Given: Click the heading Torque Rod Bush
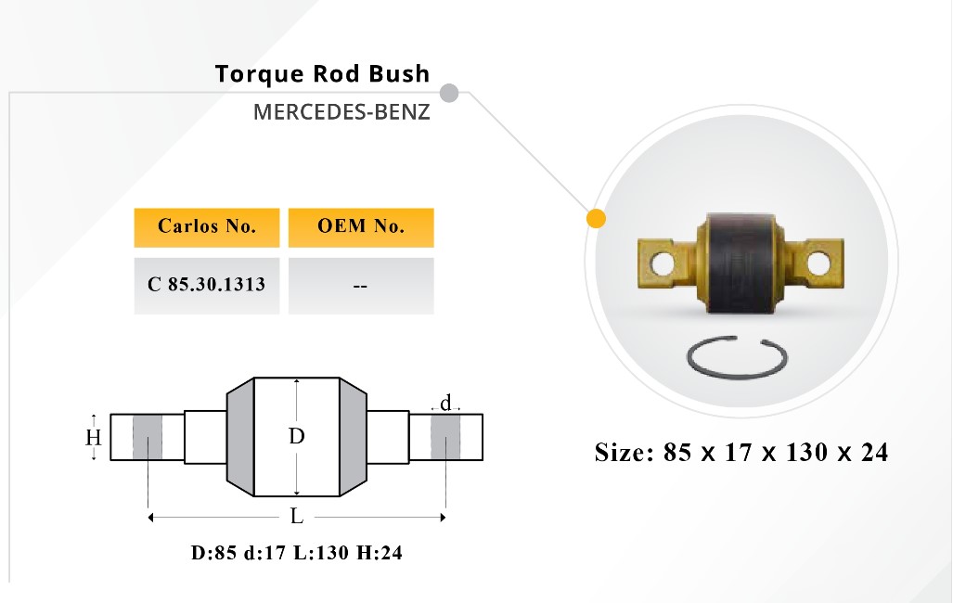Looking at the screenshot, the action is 322,74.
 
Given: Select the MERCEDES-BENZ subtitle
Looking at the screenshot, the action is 341,112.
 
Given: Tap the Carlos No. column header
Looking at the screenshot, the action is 207,227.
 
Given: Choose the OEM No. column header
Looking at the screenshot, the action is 361,227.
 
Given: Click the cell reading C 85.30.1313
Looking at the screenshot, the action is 207,285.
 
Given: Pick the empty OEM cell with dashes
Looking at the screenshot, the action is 361,285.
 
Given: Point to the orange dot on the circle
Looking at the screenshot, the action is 597,219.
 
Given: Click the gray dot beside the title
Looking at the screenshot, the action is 448,93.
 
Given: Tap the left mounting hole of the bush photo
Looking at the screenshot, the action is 662,263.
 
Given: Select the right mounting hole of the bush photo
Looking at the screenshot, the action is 818,263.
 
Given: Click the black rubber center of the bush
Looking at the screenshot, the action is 741,263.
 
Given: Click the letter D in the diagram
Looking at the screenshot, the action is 296,436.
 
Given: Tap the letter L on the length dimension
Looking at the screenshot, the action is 296,517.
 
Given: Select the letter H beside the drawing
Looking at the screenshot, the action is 93,437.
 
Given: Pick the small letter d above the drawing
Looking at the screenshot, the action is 446,403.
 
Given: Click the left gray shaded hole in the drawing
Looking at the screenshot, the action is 148,437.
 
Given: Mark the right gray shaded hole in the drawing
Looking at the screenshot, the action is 445,437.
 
